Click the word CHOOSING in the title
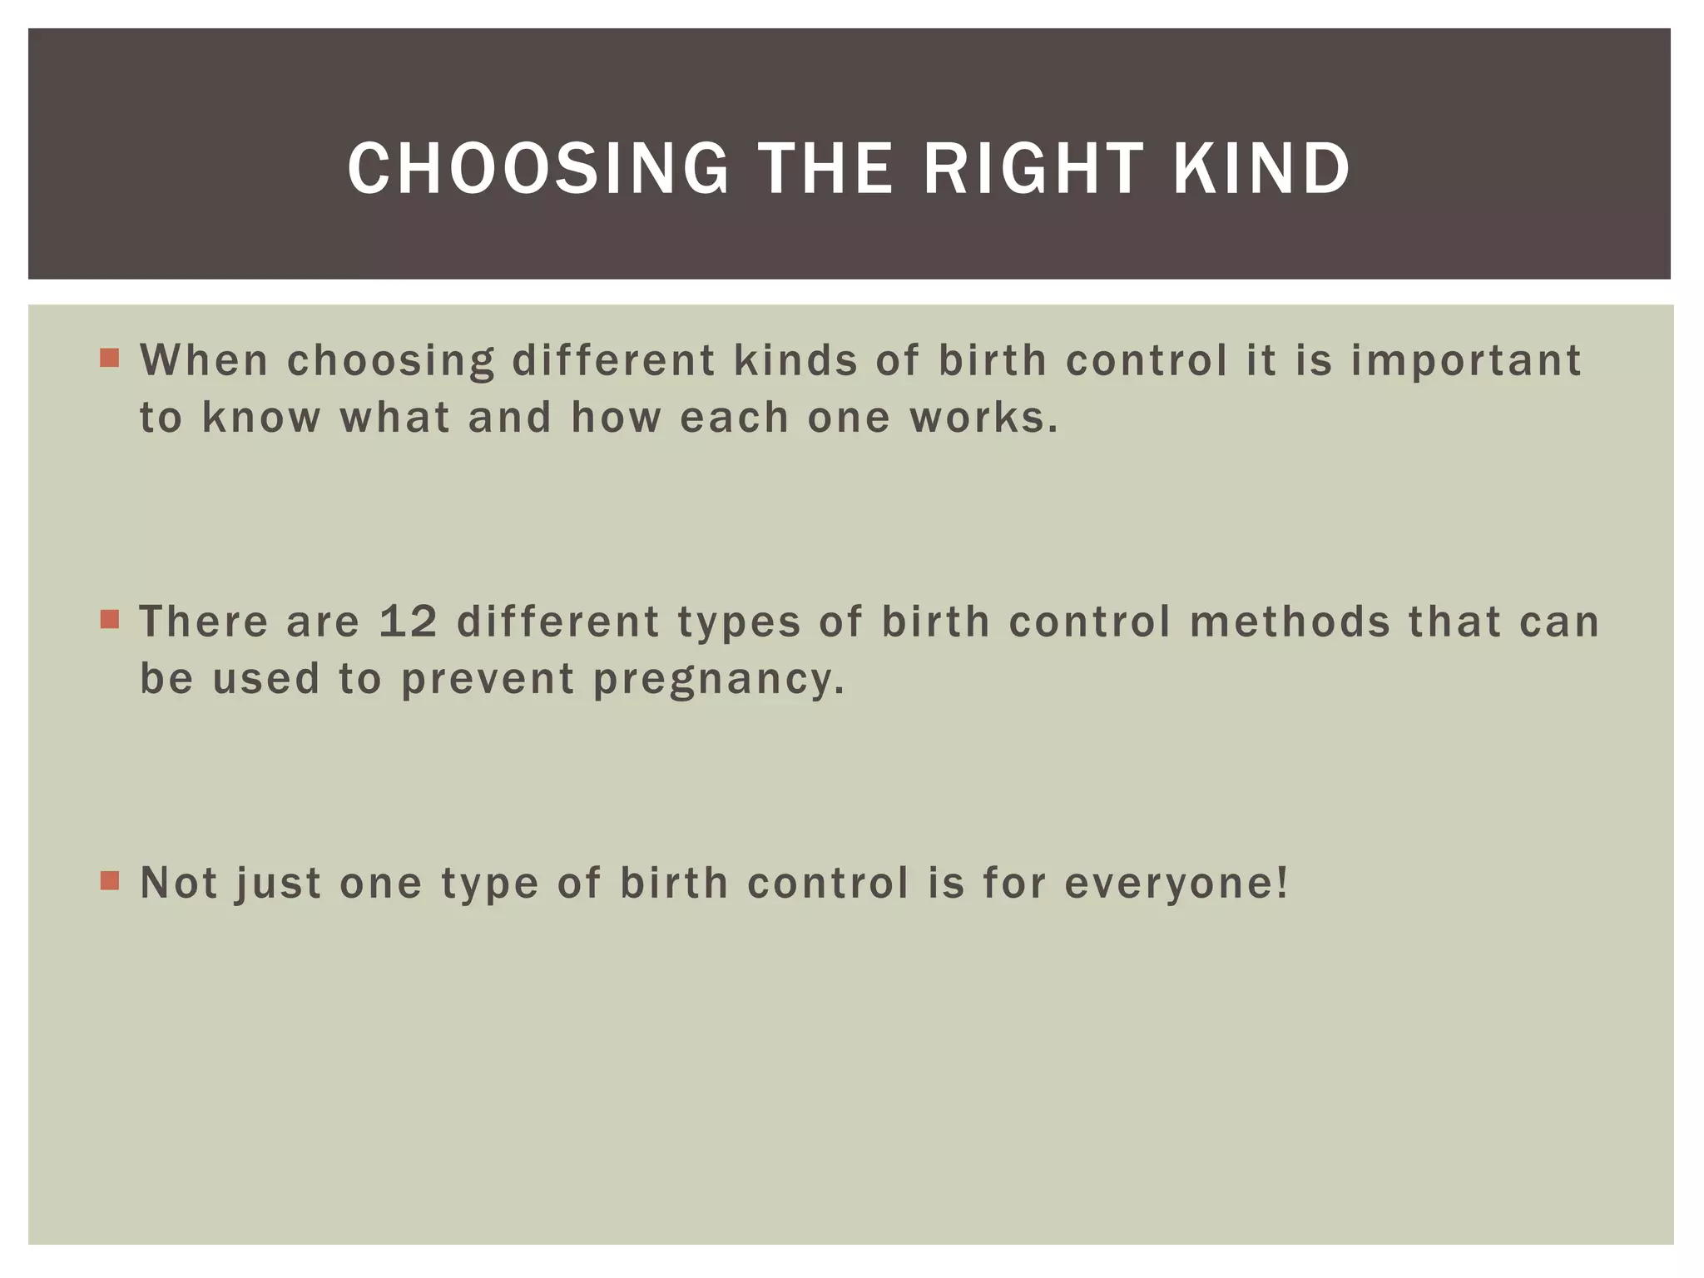(x=538, y=169)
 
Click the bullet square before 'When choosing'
(x=109, y=359)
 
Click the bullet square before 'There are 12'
(x=109, y=620)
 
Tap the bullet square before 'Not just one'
(x=109, y=880)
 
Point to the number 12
(x=408, y=622)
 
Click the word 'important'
(x=1465, y=361)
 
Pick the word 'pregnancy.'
(x=719, y=680)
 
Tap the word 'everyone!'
(x=1176, y=884)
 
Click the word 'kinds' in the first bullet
(x=795, y=361)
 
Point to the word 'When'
(x=204, y=361)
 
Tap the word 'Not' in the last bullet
(x=179, y=883)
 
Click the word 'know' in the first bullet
(x=261, y=418)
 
